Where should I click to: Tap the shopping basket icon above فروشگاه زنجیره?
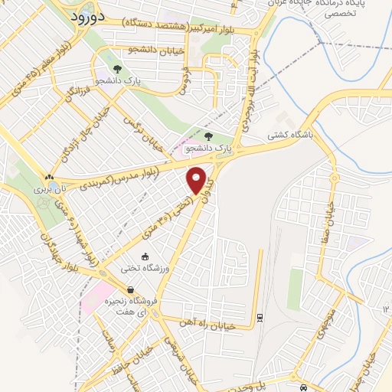132,290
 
